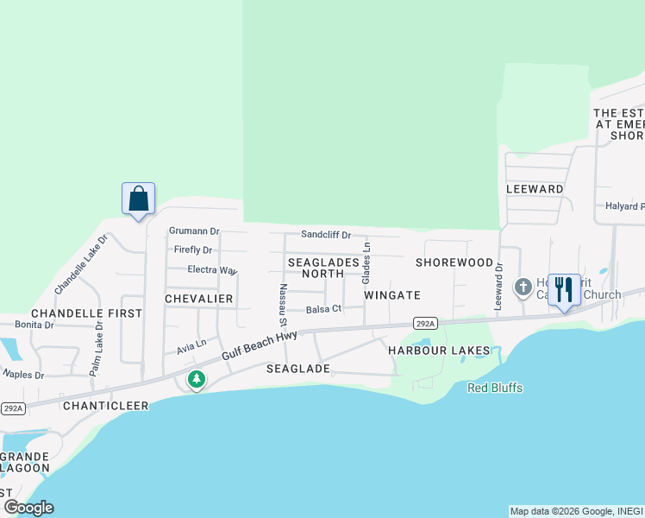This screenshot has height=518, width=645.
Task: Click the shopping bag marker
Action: click(x=138, y=199)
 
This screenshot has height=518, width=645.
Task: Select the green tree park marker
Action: click(x=197, y=379)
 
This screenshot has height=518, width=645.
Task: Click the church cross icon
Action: click(x=523, y=287)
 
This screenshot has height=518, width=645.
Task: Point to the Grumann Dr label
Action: click(x=194, y=231)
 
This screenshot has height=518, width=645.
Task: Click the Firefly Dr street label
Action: click(x=192, y=250)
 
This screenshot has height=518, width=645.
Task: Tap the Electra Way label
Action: click(x=212, y=270)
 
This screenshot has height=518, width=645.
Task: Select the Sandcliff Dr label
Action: click(x=326, y=235)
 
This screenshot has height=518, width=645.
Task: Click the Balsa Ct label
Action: click(x=324, y=308)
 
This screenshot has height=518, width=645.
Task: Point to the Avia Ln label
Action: click(x=191, y=347)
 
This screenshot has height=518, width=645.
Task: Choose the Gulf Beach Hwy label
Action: click(x=259, y=345)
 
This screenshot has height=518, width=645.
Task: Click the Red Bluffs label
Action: click(x=495, y=388)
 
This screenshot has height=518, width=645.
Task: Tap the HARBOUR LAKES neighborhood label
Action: click(x=438, y=351)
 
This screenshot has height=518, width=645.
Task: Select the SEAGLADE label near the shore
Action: click(x=297, y=369)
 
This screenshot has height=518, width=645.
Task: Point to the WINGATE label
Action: click(x=391, y=295)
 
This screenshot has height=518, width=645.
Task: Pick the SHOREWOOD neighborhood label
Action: click(x=454, y=262)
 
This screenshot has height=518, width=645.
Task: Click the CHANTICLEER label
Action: click(x=105, y=405)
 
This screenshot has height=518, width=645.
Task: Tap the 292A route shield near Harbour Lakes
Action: click(x=424, y=323)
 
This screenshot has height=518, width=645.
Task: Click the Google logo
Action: click(x=28, y=508)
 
